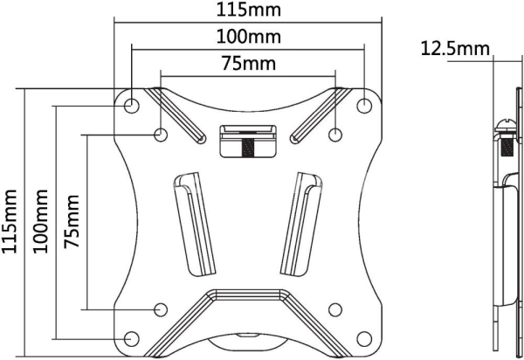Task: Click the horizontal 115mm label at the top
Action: tap(248, 10)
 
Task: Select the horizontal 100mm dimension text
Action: tap(248, 37)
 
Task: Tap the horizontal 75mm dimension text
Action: tap(249, 63)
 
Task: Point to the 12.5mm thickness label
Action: tap(454, 48)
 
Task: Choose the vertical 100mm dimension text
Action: tap(40, 221)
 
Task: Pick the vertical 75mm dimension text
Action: tap(72, 221)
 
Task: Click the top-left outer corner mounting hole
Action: tap(131, 106)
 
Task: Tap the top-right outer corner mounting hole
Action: tap(364, 106)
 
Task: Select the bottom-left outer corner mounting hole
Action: tap(131, 339)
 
